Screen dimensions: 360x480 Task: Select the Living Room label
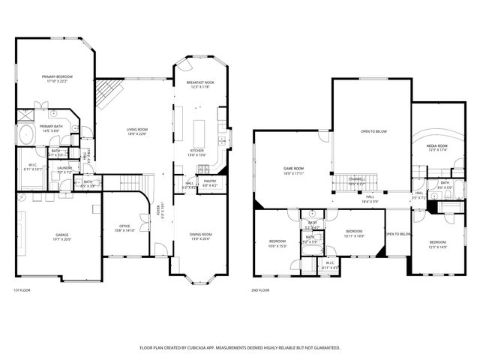pos(136,130)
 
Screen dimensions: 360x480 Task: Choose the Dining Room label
pos(196,235)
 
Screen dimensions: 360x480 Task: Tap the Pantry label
pos(209,181)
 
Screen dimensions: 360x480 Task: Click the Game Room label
pos(293,168)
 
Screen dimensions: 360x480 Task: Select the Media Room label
pos(436,146)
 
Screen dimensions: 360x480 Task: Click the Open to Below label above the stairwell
pos(373,131)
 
